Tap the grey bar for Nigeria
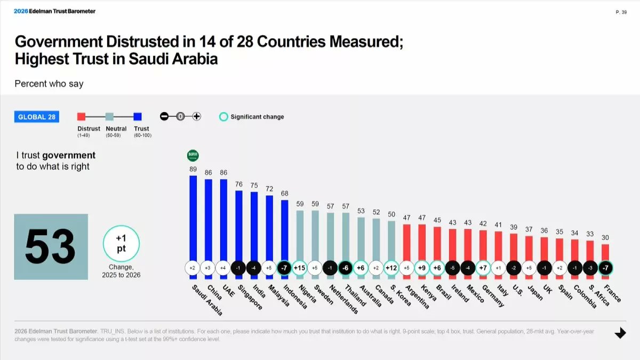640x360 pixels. point(300,235)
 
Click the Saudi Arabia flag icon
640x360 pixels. point(193,156)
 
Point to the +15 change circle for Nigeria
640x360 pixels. point(300,268)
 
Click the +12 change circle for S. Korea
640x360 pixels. point(391,268)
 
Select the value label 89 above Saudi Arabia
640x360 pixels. point(193,170)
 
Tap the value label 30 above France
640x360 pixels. point(605,238)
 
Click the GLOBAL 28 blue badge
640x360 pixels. point(37,117)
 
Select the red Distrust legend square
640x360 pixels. point(82,117)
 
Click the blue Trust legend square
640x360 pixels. point(138,117)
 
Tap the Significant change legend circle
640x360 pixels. point(224,117)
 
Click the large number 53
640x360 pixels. point(51,247)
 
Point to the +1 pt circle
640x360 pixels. point(121,243)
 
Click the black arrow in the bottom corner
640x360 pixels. point(620,333)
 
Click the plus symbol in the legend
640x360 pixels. point(196,117)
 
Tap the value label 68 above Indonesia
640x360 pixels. point(285,193)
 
